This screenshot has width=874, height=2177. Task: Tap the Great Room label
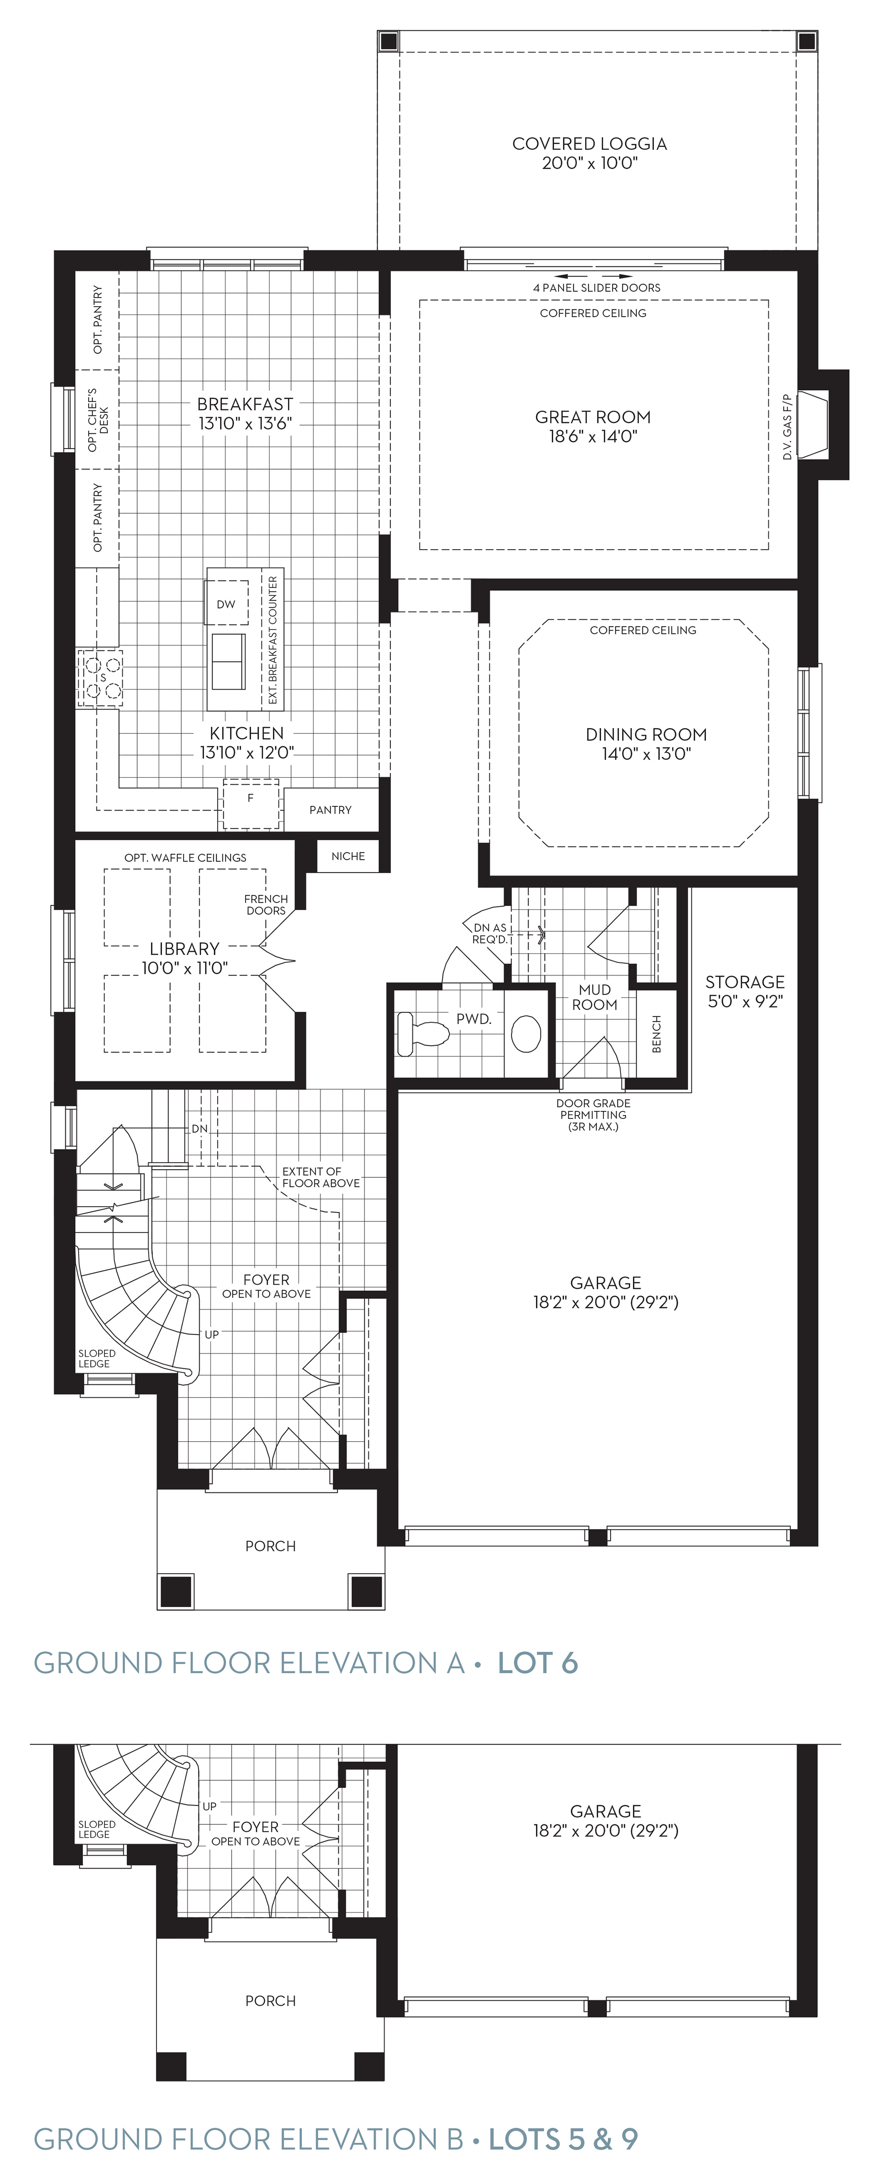pos(593,426)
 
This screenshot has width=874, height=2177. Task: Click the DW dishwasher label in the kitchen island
pos(225,604)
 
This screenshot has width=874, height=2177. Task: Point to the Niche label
pos(348,856)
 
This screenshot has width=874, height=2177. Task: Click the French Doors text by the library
pos(266,904)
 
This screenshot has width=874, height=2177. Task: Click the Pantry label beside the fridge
pos(330,810)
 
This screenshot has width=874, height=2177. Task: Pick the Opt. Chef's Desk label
pos(98,419)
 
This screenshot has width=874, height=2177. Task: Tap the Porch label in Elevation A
pos(271,1546)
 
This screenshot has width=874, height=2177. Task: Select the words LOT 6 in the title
pos(538,1663)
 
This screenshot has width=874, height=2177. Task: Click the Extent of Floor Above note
pos(321,1177)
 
